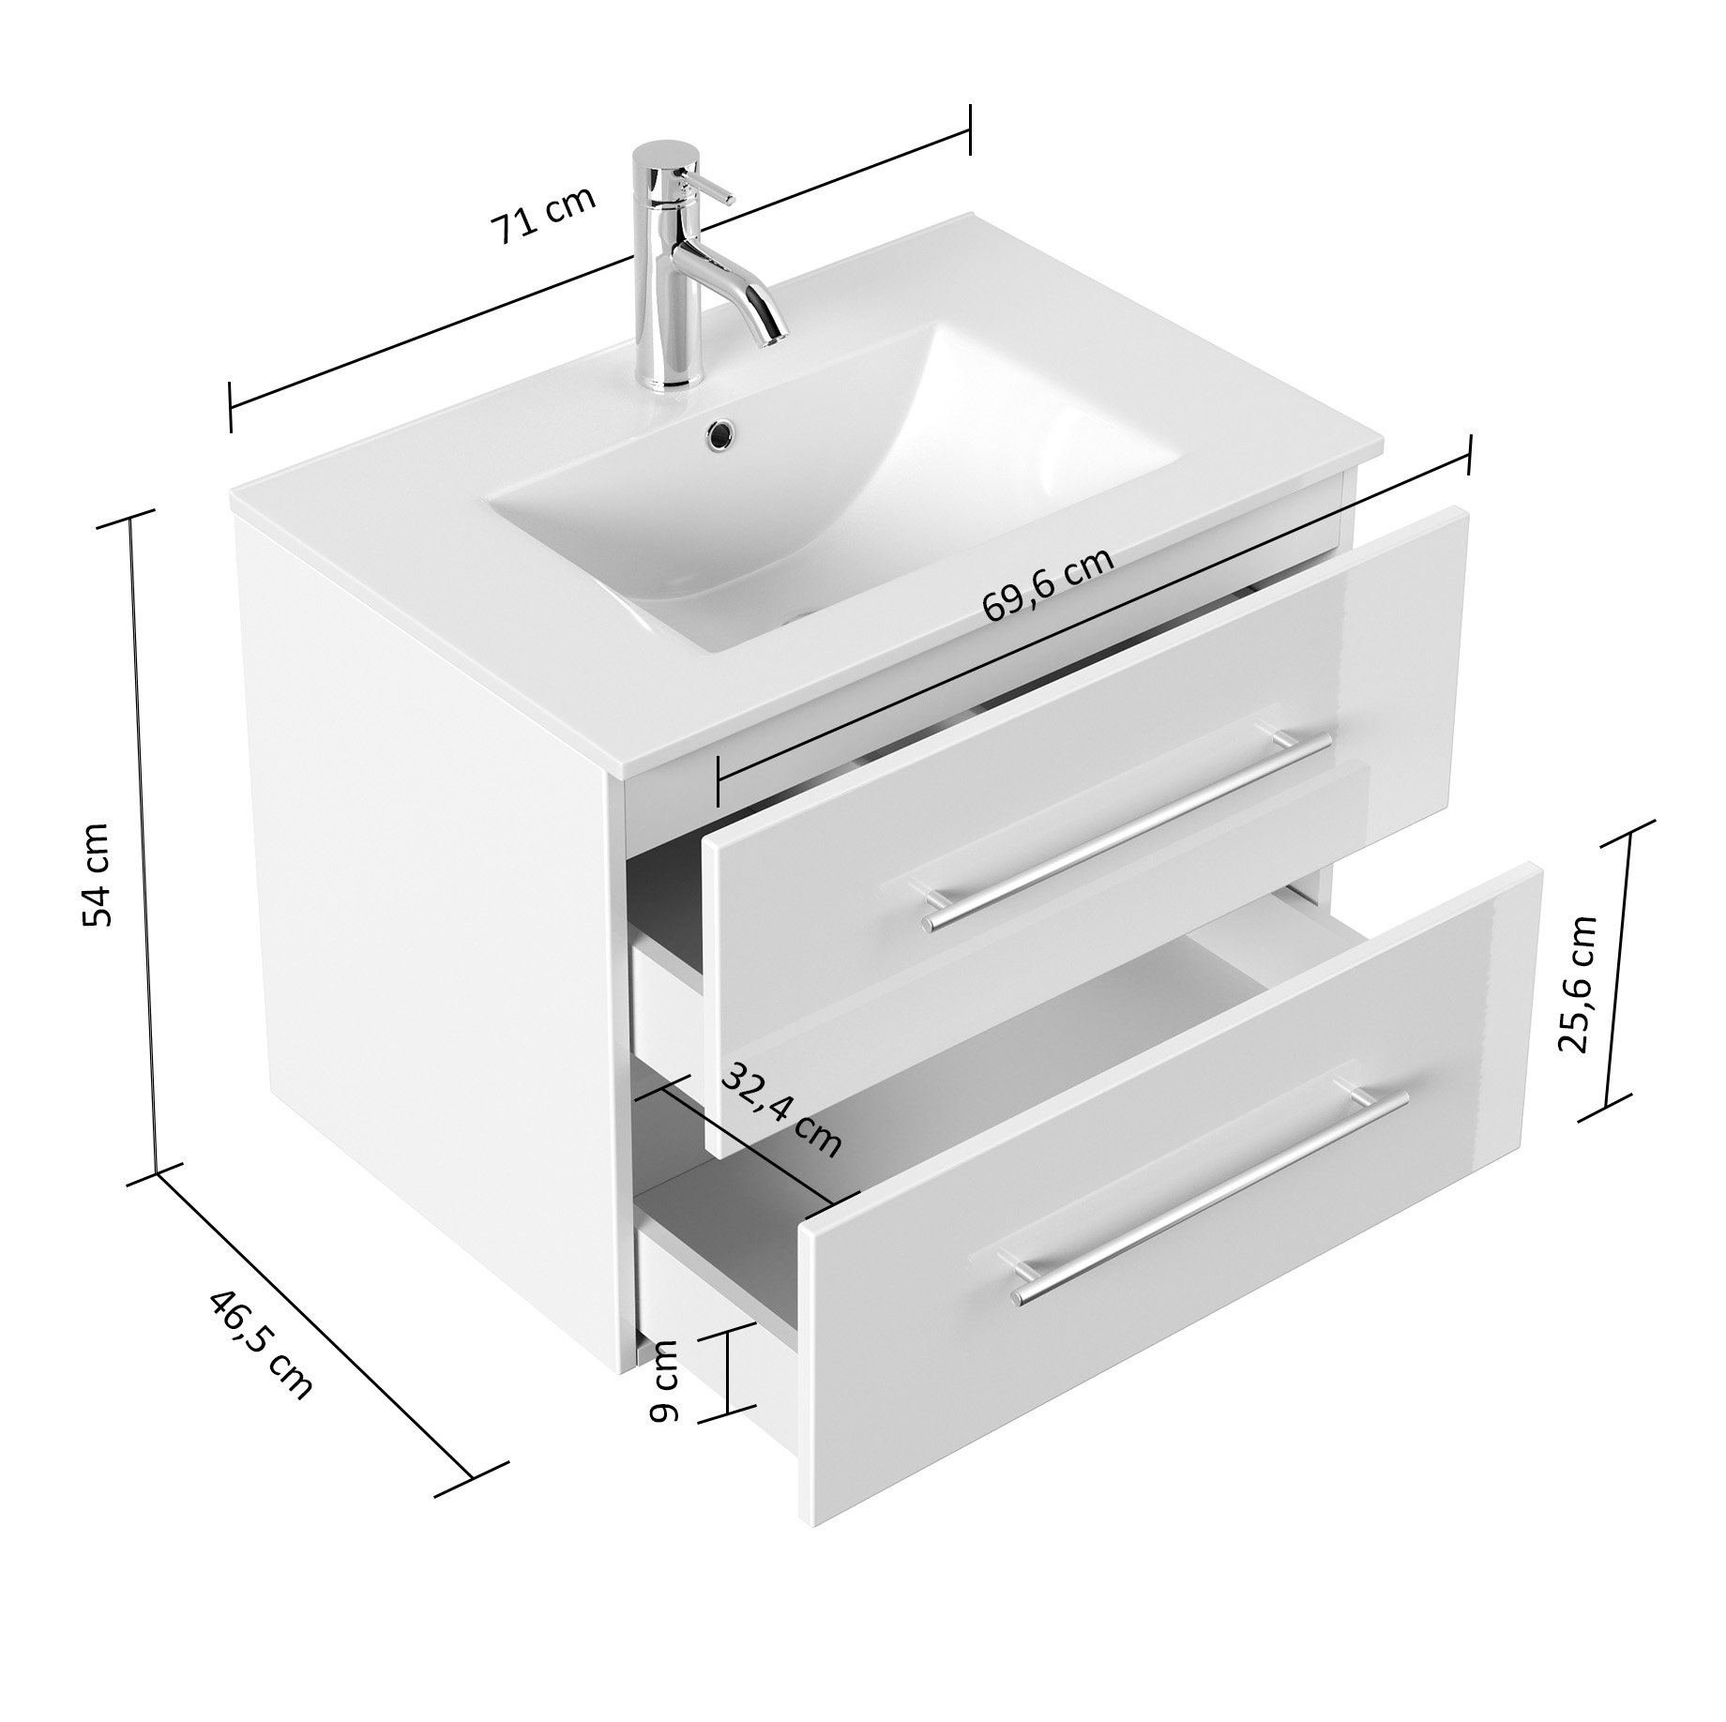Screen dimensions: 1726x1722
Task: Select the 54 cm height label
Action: [x=96, y=873]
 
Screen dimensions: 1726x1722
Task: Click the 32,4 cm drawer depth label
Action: [x=780, y=1110]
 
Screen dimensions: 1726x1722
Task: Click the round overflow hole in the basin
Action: [x=720, y=432]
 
